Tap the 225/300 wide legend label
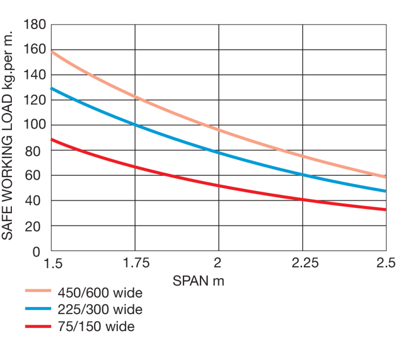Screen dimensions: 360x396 tap(100, 310)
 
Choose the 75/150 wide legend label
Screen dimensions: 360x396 tap(95, 326)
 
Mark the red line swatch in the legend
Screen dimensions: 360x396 tap(39, 326)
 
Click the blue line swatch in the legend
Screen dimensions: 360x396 tap(39, 310)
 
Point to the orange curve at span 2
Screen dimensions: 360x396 tap(219, 129)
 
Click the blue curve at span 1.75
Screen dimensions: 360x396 tap(136, 125)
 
